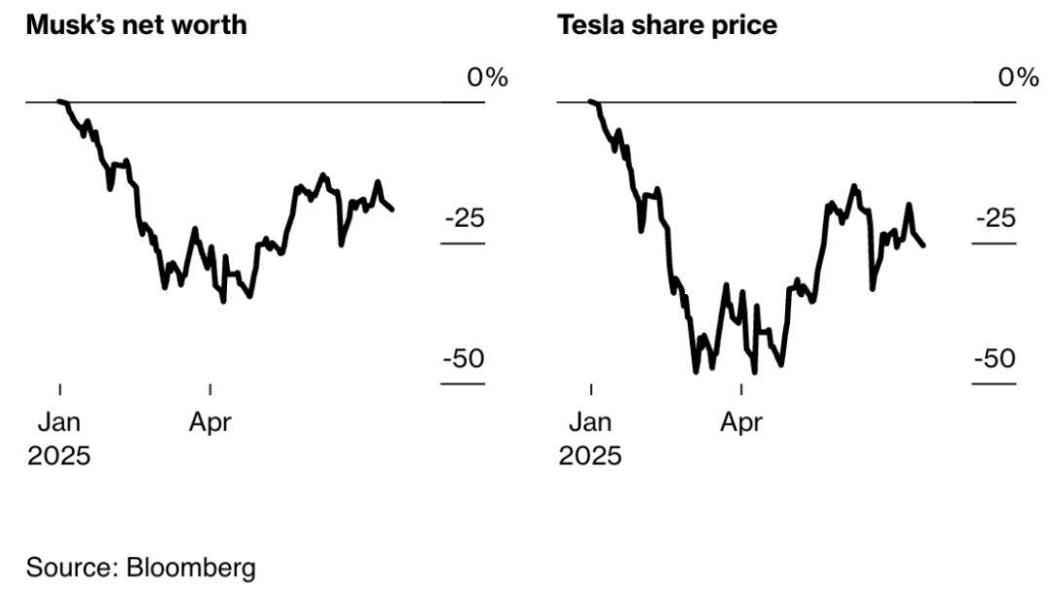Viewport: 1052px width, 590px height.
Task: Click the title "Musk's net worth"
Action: [136, 25]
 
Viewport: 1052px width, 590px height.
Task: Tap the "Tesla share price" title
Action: [667, 25]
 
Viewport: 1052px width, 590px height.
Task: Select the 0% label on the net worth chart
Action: [487, 78]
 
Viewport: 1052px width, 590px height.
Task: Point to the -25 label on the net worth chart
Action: [464, 218]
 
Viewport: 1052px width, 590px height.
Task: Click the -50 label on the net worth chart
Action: [464, 359]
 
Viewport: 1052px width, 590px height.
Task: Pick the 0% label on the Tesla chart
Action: [1018, 78]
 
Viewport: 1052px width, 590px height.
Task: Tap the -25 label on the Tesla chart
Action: [996, 218]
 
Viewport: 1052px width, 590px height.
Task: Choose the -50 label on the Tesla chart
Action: [996, 359]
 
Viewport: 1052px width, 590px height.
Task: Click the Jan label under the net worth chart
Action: [59, 424]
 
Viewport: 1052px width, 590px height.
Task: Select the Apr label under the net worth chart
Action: [210, 424]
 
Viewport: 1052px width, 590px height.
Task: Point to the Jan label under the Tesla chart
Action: [590, 424]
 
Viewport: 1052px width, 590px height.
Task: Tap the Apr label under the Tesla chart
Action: [741, 424]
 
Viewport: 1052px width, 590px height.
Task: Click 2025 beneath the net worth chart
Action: [58, 456]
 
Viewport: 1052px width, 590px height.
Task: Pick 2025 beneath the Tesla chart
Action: [590, 456]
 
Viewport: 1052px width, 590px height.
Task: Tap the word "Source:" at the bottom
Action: [72, 568]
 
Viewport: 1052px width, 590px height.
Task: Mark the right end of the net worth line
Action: [393, 209]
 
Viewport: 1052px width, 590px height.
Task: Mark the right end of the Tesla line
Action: [923, 245]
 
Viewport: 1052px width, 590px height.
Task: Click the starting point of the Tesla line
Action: [590, 101]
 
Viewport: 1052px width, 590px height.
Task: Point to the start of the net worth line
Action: [59, 101]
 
